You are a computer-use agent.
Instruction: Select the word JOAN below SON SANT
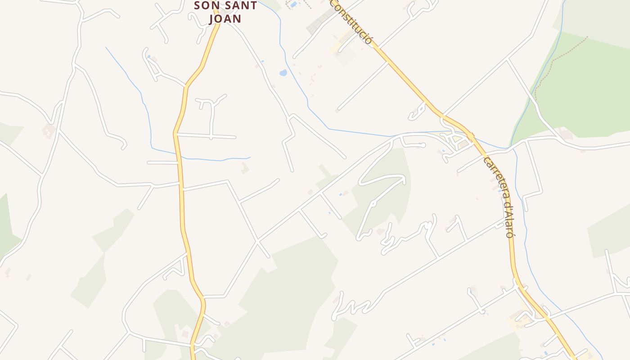click(225, 19)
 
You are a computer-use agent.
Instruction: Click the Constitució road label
click(352, 22)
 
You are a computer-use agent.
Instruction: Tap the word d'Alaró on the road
click(508, 219)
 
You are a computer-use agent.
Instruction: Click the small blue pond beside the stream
click(283, 72)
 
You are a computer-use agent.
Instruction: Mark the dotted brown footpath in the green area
click(558, 63)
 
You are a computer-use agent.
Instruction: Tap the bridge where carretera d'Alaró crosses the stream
click(471, 135)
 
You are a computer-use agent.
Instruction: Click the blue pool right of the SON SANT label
click(293, 4)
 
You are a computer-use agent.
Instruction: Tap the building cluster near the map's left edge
click(48, 131)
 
